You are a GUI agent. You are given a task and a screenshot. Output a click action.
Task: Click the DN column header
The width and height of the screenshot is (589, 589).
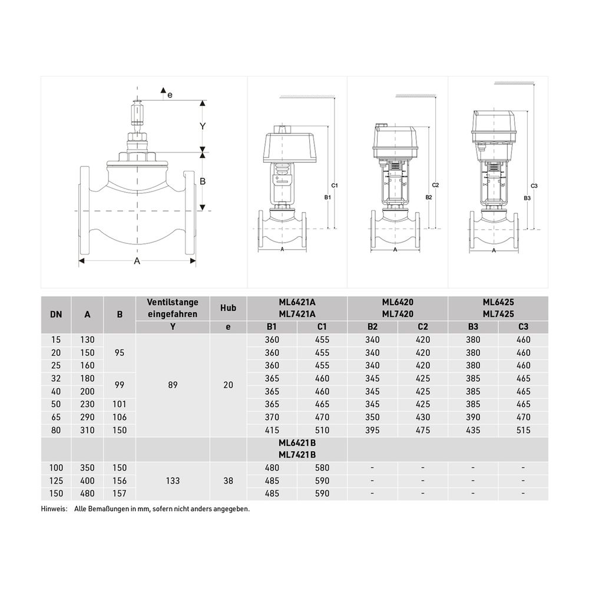56,315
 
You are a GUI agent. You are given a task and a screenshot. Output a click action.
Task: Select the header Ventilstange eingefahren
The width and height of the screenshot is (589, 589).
173,308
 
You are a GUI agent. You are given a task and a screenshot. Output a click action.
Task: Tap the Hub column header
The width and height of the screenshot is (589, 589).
228,308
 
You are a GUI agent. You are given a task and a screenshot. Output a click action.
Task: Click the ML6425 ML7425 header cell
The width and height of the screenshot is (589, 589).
498,308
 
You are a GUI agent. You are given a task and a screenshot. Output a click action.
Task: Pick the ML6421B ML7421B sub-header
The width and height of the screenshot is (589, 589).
297,449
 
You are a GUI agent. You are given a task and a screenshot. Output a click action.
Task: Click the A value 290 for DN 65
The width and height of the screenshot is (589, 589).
88,417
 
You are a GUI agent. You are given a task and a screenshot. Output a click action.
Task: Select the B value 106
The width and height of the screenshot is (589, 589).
120,417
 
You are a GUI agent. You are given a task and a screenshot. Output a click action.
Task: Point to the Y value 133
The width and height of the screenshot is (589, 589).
173,481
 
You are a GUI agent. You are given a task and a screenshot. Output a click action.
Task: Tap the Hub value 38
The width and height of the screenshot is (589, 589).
228,481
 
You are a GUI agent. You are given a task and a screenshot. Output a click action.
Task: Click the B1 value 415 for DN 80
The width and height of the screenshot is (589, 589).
272,430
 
